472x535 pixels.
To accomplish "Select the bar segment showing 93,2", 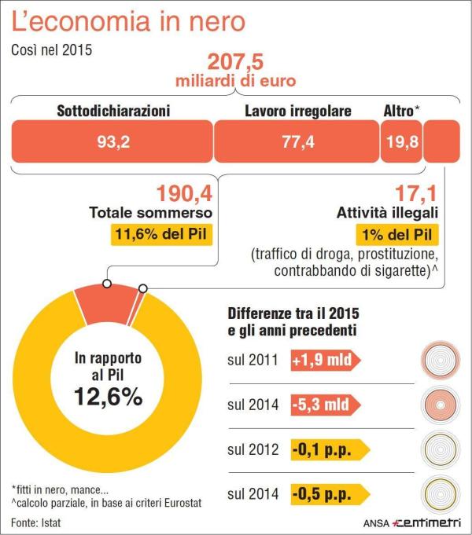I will [111, 141].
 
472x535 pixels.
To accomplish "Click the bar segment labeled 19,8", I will [401, 141].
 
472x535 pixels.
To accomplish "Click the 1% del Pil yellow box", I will [397, 235].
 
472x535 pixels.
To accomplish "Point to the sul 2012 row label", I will [253, 450].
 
